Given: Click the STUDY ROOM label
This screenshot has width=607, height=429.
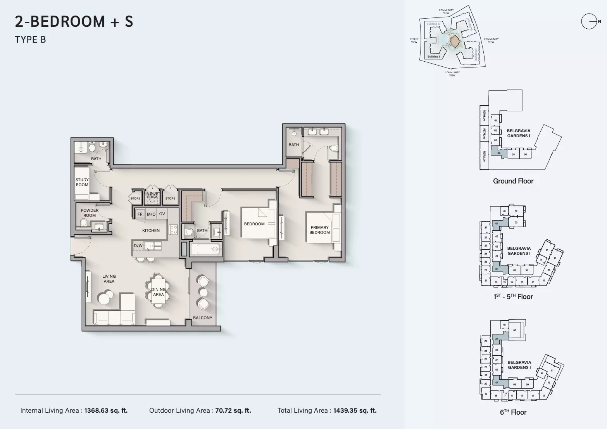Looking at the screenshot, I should [82, 182].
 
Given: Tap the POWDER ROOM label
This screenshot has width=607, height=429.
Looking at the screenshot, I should [90, 213].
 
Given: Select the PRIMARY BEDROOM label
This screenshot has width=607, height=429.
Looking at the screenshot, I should [319, 230].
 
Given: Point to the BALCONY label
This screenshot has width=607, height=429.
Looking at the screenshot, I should [203, 318].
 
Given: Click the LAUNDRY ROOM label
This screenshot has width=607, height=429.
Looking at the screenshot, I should [152, 195].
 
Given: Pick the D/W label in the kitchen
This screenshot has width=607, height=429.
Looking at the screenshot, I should [138, 246].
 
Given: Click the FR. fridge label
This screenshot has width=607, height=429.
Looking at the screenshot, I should [140, 214].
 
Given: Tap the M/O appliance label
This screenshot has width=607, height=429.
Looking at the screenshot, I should [151, 214].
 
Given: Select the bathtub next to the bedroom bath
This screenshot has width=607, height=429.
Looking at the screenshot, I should [205, 249].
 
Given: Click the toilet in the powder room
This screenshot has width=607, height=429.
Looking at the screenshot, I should [84, 223].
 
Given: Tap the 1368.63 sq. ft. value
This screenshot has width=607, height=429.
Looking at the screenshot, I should [106, 410].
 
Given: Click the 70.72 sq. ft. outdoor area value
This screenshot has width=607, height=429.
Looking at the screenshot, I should [233, 410].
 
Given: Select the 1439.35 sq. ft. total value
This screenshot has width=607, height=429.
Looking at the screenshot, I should [355, 410].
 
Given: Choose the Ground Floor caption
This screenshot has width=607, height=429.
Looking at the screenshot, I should [513, 181].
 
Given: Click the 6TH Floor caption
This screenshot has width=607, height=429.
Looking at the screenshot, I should [513, 412].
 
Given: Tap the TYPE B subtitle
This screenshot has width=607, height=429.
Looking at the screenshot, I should [31, 40].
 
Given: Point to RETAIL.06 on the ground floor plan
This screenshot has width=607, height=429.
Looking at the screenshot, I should [484, 156].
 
